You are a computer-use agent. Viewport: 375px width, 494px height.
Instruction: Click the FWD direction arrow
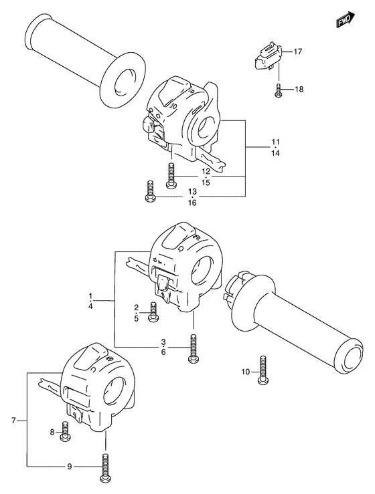coord(346,20)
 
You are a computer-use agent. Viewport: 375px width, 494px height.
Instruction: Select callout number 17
coord(298,51)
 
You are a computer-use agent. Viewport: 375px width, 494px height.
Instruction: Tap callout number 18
coord(299,89)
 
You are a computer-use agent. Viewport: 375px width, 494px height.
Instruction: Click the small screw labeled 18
coord(277,90)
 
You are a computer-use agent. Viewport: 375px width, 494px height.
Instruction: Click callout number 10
coord(245,372)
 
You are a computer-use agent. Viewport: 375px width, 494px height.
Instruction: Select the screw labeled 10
coord(263,370)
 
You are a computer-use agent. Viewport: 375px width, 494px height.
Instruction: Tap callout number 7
coord(13,420)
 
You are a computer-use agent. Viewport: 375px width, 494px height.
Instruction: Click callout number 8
coord(52,433)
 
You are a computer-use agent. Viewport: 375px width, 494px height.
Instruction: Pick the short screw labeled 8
coord(66,431)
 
